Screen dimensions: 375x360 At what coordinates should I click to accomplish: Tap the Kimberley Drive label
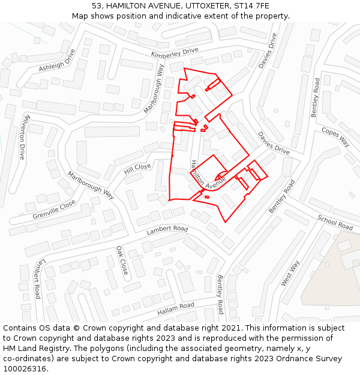coord(175,53)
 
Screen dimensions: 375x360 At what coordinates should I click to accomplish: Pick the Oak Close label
coord(122,260)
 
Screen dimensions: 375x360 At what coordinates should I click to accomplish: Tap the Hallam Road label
coord(176,309)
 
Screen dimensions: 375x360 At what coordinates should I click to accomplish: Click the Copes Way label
coord(335,137)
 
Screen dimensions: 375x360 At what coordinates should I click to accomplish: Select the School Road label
coord(335,223)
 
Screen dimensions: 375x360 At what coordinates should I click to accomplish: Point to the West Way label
coord(290,273)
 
